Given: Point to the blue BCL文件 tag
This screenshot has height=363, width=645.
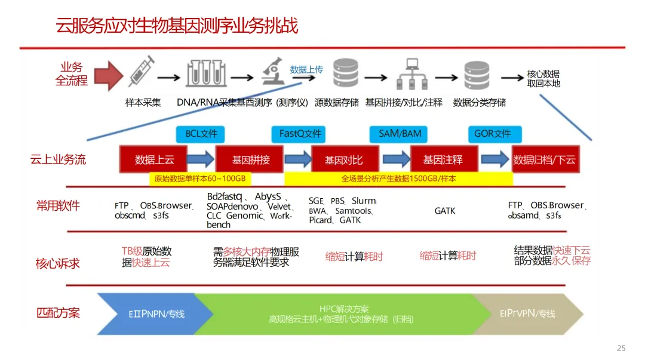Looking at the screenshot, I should [x=201, y=134].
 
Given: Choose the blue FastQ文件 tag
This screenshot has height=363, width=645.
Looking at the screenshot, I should [x=300, y=134].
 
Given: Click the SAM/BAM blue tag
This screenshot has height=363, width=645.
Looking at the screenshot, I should [x=400, y=134].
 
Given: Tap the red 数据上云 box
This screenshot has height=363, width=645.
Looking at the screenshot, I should [x=154, y=159].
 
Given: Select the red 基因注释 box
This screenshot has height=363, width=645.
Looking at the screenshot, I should [x=443, y=159].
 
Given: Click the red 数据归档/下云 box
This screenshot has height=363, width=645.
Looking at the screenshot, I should [x=545, y=159].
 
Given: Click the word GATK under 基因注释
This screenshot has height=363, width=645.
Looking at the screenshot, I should [x=445, y=211].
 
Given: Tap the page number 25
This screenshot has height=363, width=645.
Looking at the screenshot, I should [x=621, y=348].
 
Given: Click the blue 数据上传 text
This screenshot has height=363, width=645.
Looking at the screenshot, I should [x=306, y=69].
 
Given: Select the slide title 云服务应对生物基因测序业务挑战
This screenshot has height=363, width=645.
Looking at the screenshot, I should [x=177, y=26].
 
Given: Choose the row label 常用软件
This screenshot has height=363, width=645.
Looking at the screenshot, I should [x=58, y=206].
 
